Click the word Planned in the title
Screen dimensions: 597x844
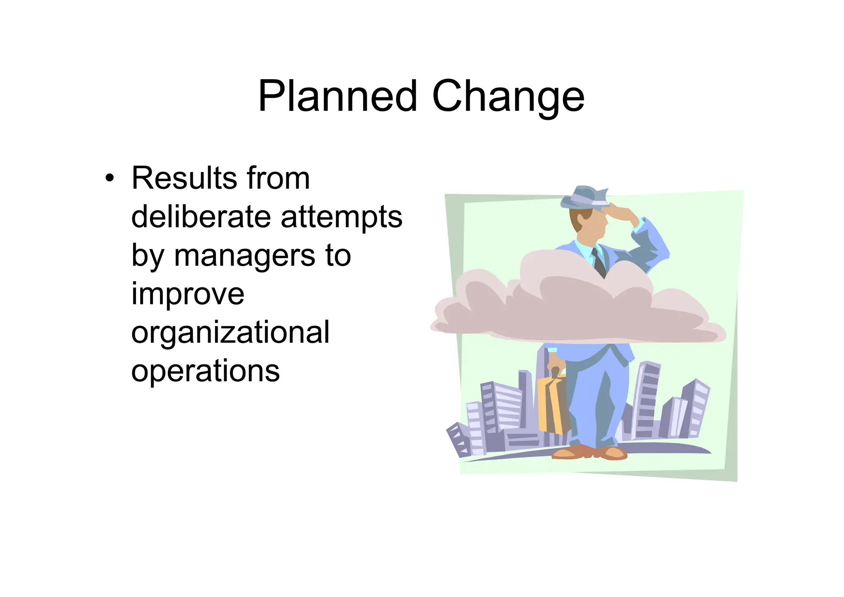pos(337,96)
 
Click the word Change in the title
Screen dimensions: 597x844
pos(508,97)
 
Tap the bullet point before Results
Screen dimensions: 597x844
pos(109,179)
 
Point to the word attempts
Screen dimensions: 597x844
pos(341,218)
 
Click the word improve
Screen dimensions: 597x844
pos(188,294)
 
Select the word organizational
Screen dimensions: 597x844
pos(230,332)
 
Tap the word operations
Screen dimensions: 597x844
pos(205,371)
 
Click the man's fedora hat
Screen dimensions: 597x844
pos(584,197)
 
